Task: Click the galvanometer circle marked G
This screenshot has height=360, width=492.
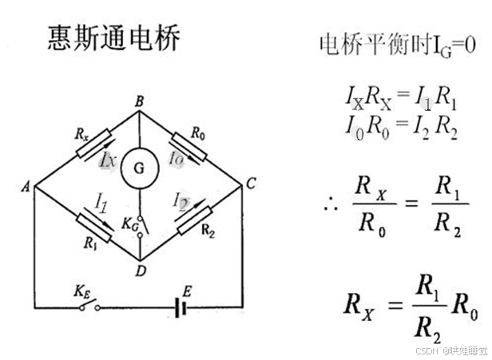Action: (x=139, y=169)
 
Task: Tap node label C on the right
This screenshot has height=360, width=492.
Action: (x=251, y=185)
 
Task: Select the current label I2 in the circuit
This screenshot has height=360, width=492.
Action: (x=181, y=204)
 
